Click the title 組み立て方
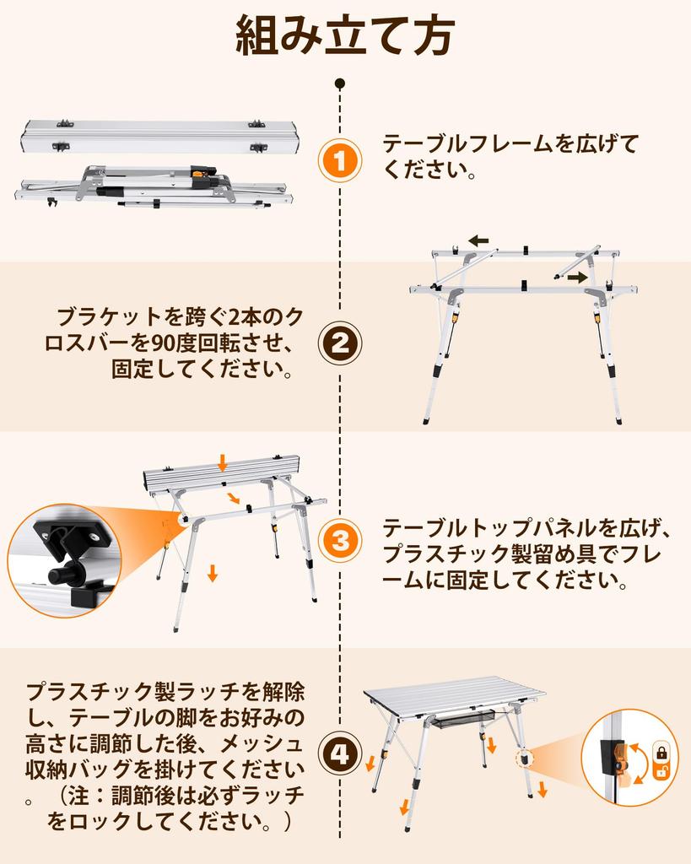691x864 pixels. (x=345, y=36)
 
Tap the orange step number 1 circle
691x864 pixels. (x=339, y=161)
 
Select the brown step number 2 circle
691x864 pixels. (x=339, y=344)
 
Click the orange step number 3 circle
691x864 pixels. (x=339, y=541)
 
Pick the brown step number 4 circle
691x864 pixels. (x=339, y=753)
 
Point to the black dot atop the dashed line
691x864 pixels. (x=340, y=84)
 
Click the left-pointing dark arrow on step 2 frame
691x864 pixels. (x=478, y=240)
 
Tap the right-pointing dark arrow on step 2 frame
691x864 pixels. (x=579, y=277)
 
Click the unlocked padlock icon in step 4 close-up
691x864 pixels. (x=661, y=771)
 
